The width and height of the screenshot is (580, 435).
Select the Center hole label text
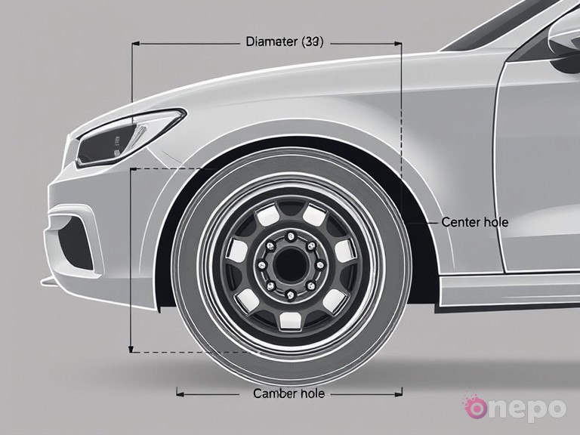coord(474,223)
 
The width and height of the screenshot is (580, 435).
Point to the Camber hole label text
coord(288,393)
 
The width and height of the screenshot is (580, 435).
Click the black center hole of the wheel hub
coord(289,264)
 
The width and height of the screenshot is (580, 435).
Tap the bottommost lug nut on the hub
coord(288,293)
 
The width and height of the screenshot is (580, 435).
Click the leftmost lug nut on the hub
coord(260,264)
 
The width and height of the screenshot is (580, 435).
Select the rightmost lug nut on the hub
coord(318,264)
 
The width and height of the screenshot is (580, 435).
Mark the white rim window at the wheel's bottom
coord(290,320)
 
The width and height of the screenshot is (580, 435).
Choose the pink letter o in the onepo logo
coord(477,408)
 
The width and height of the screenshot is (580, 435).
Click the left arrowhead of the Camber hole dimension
coord(178,393)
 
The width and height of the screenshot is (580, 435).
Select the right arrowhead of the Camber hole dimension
coord(400,393)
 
